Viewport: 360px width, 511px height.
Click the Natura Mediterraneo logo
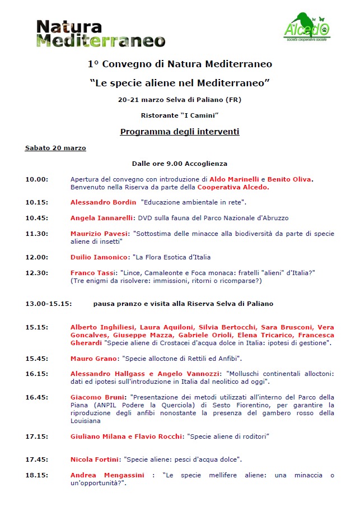pyautogui.click(x=101, y=33)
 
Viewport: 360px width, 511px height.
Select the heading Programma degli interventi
pyautogui.click(x=180, y=132)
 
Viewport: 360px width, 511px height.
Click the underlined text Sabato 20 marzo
pyautogui.click(x=55, y=148)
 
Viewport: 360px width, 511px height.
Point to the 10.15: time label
pyautogui.click(x=37, y=202)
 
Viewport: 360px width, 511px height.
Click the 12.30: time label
pyautogui.click(x=37, y=272)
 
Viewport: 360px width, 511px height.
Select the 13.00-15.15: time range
pyautogui.click(x=48, y=304)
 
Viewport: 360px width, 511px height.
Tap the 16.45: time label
pyautogui.click(x=37, y=397)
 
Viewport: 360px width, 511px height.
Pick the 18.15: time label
pyautogui.click(x=37, y=475)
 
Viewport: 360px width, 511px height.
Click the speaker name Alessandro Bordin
pyautogui.click(x=103, y=202)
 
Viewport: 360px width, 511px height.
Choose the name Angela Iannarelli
pyautogui.click(x=101, y=218)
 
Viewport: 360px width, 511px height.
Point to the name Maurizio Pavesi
pyautogui.click(x=99, y=233)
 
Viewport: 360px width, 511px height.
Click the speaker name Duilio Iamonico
pyautogui.click(x=99, y=257)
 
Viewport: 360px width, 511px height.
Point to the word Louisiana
pyautogui.click(x=86, y=420)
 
